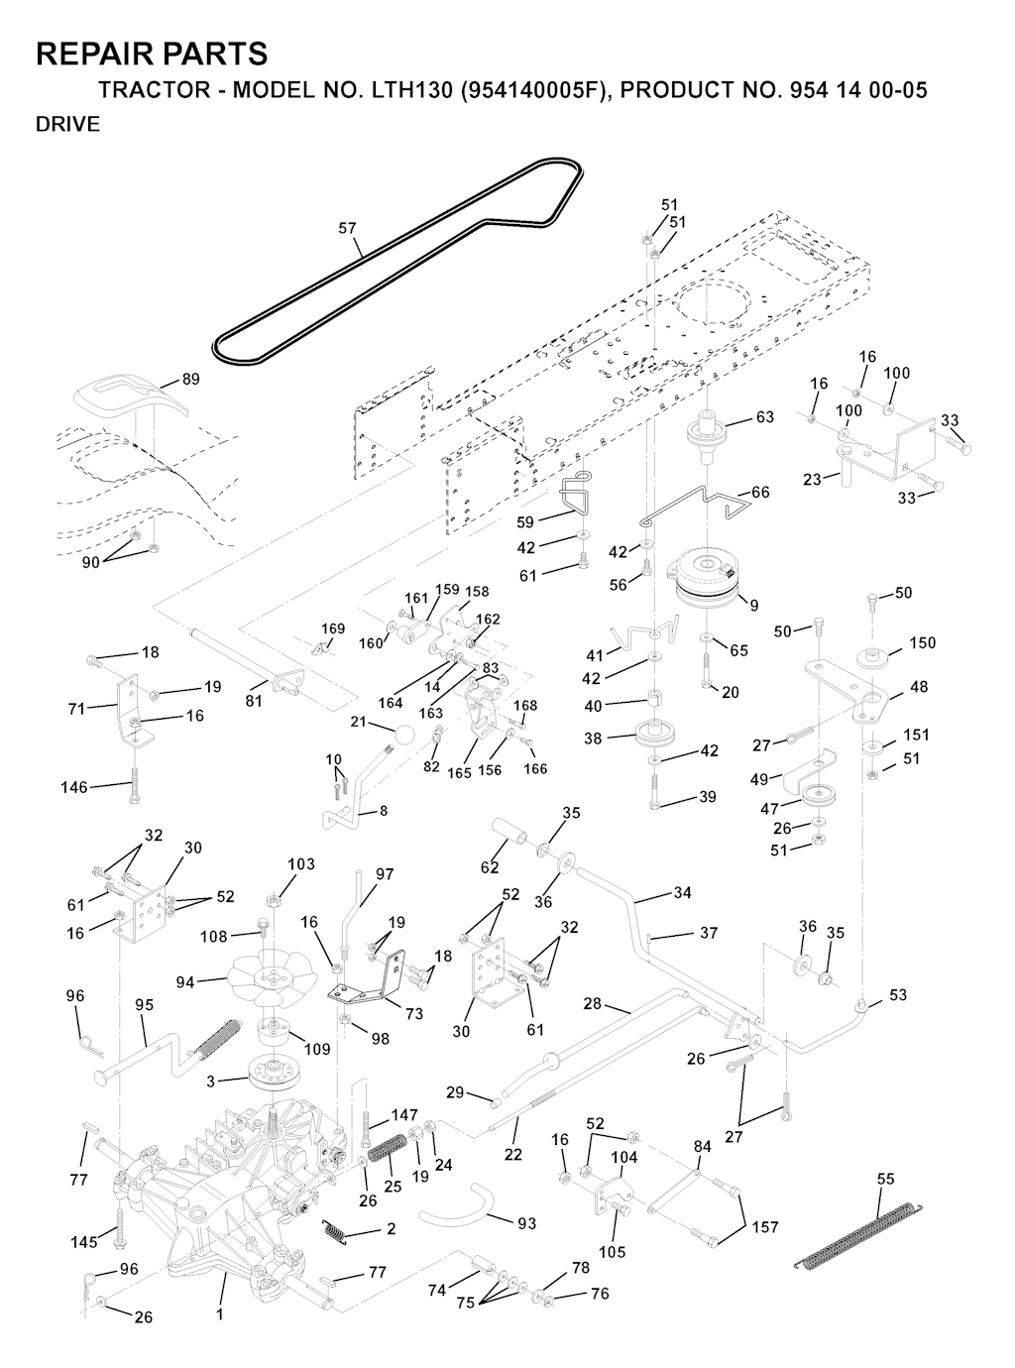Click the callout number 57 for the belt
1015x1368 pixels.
pos(347,228)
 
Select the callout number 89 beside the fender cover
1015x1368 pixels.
pos(190,380)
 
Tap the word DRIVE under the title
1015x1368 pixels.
pos(67,125)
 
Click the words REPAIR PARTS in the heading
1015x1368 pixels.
pos(152,54)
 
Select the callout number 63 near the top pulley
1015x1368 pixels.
pos(764,417)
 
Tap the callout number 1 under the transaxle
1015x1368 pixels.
pos(219,1315)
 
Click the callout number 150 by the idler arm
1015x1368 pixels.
pos(922,643)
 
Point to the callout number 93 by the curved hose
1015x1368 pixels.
pos(526,1223)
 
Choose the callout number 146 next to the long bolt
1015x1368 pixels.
pos(74,788)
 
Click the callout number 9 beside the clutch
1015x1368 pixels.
pos(754,605)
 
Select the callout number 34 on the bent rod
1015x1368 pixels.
pos(682,893)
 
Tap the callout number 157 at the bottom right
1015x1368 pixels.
pos(765,1227)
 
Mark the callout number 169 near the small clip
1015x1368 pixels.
pos(333,628)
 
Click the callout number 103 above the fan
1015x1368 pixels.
pos(301,864)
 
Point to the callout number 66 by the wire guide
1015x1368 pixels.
pos(760,493)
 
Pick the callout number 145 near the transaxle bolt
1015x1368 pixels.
pos(84,1242)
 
